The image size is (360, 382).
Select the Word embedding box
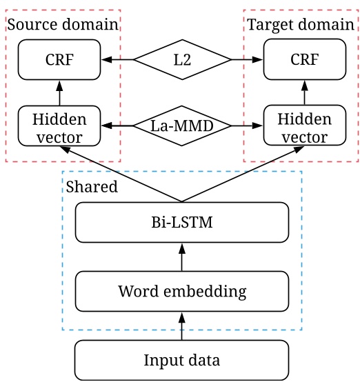point(182,291)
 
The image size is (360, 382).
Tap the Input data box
point(182,359)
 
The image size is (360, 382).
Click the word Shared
point(92,186)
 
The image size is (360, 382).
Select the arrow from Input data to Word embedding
point(182,325)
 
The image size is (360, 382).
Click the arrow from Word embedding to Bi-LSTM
point(182,258)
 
